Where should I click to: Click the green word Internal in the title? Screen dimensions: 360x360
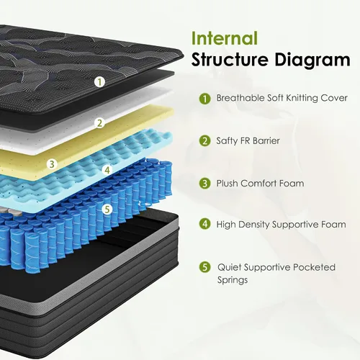tap(225, 38)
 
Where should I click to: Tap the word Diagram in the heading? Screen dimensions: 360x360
tap(312, 60)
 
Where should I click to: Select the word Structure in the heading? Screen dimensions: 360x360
tap(230, 59)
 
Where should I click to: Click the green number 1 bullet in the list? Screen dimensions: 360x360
tap(205, 99)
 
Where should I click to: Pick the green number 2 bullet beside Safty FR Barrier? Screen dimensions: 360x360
tap(205, 141)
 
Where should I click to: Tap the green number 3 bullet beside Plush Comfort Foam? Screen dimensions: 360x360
tap(205, 184)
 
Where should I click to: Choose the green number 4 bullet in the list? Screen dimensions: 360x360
tap(205, 224)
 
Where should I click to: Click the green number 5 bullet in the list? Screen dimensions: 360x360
tap(205, 267)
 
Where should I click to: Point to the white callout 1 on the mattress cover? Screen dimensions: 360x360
tap(99, 82)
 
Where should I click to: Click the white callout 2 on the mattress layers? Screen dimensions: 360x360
tap(99, 123)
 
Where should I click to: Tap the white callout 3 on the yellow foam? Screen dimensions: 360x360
tap(52, 164)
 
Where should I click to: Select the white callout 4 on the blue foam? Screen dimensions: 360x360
tap(107, 170)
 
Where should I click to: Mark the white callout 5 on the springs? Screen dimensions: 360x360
tap(107, 210)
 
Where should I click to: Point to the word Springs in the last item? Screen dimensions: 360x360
tap(233, 280)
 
